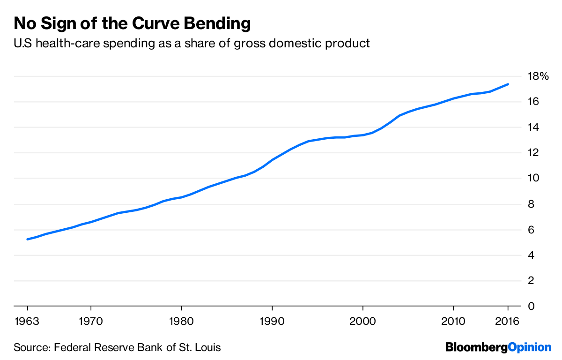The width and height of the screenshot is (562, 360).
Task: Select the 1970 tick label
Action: (x=91, y=322)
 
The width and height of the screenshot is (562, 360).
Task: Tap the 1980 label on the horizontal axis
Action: (x=181, y=322)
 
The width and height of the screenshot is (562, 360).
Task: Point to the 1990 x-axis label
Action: (x=272, y=322)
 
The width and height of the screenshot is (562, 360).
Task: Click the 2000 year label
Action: (x=362, y=322)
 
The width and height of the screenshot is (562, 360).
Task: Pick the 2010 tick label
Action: (x=453, y=322)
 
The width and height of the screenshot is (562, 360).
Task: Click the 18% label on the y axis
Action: (x=537, y=76)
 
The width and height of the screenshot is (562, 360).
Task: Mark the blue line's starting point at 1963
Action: (x=28, y=239)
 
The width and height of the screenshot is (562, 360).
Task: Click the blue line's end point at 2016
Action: (x=508, y=84)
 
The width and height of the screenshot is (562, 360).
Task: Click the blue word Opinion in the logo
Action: (x=530, y=348)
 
